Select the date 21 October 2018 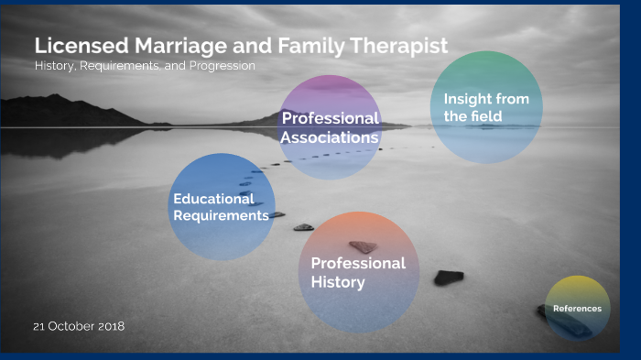79,326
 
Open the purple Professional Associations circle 330,127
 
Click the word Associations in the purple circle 330,137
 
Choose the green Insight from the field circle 486,107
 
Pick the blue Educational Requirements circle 222,207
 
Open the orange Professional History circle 359,272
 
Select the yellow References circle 577,308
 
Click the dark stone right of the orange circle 448,277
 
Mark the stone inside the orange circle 364,246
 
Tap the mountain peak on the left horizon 57,96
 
